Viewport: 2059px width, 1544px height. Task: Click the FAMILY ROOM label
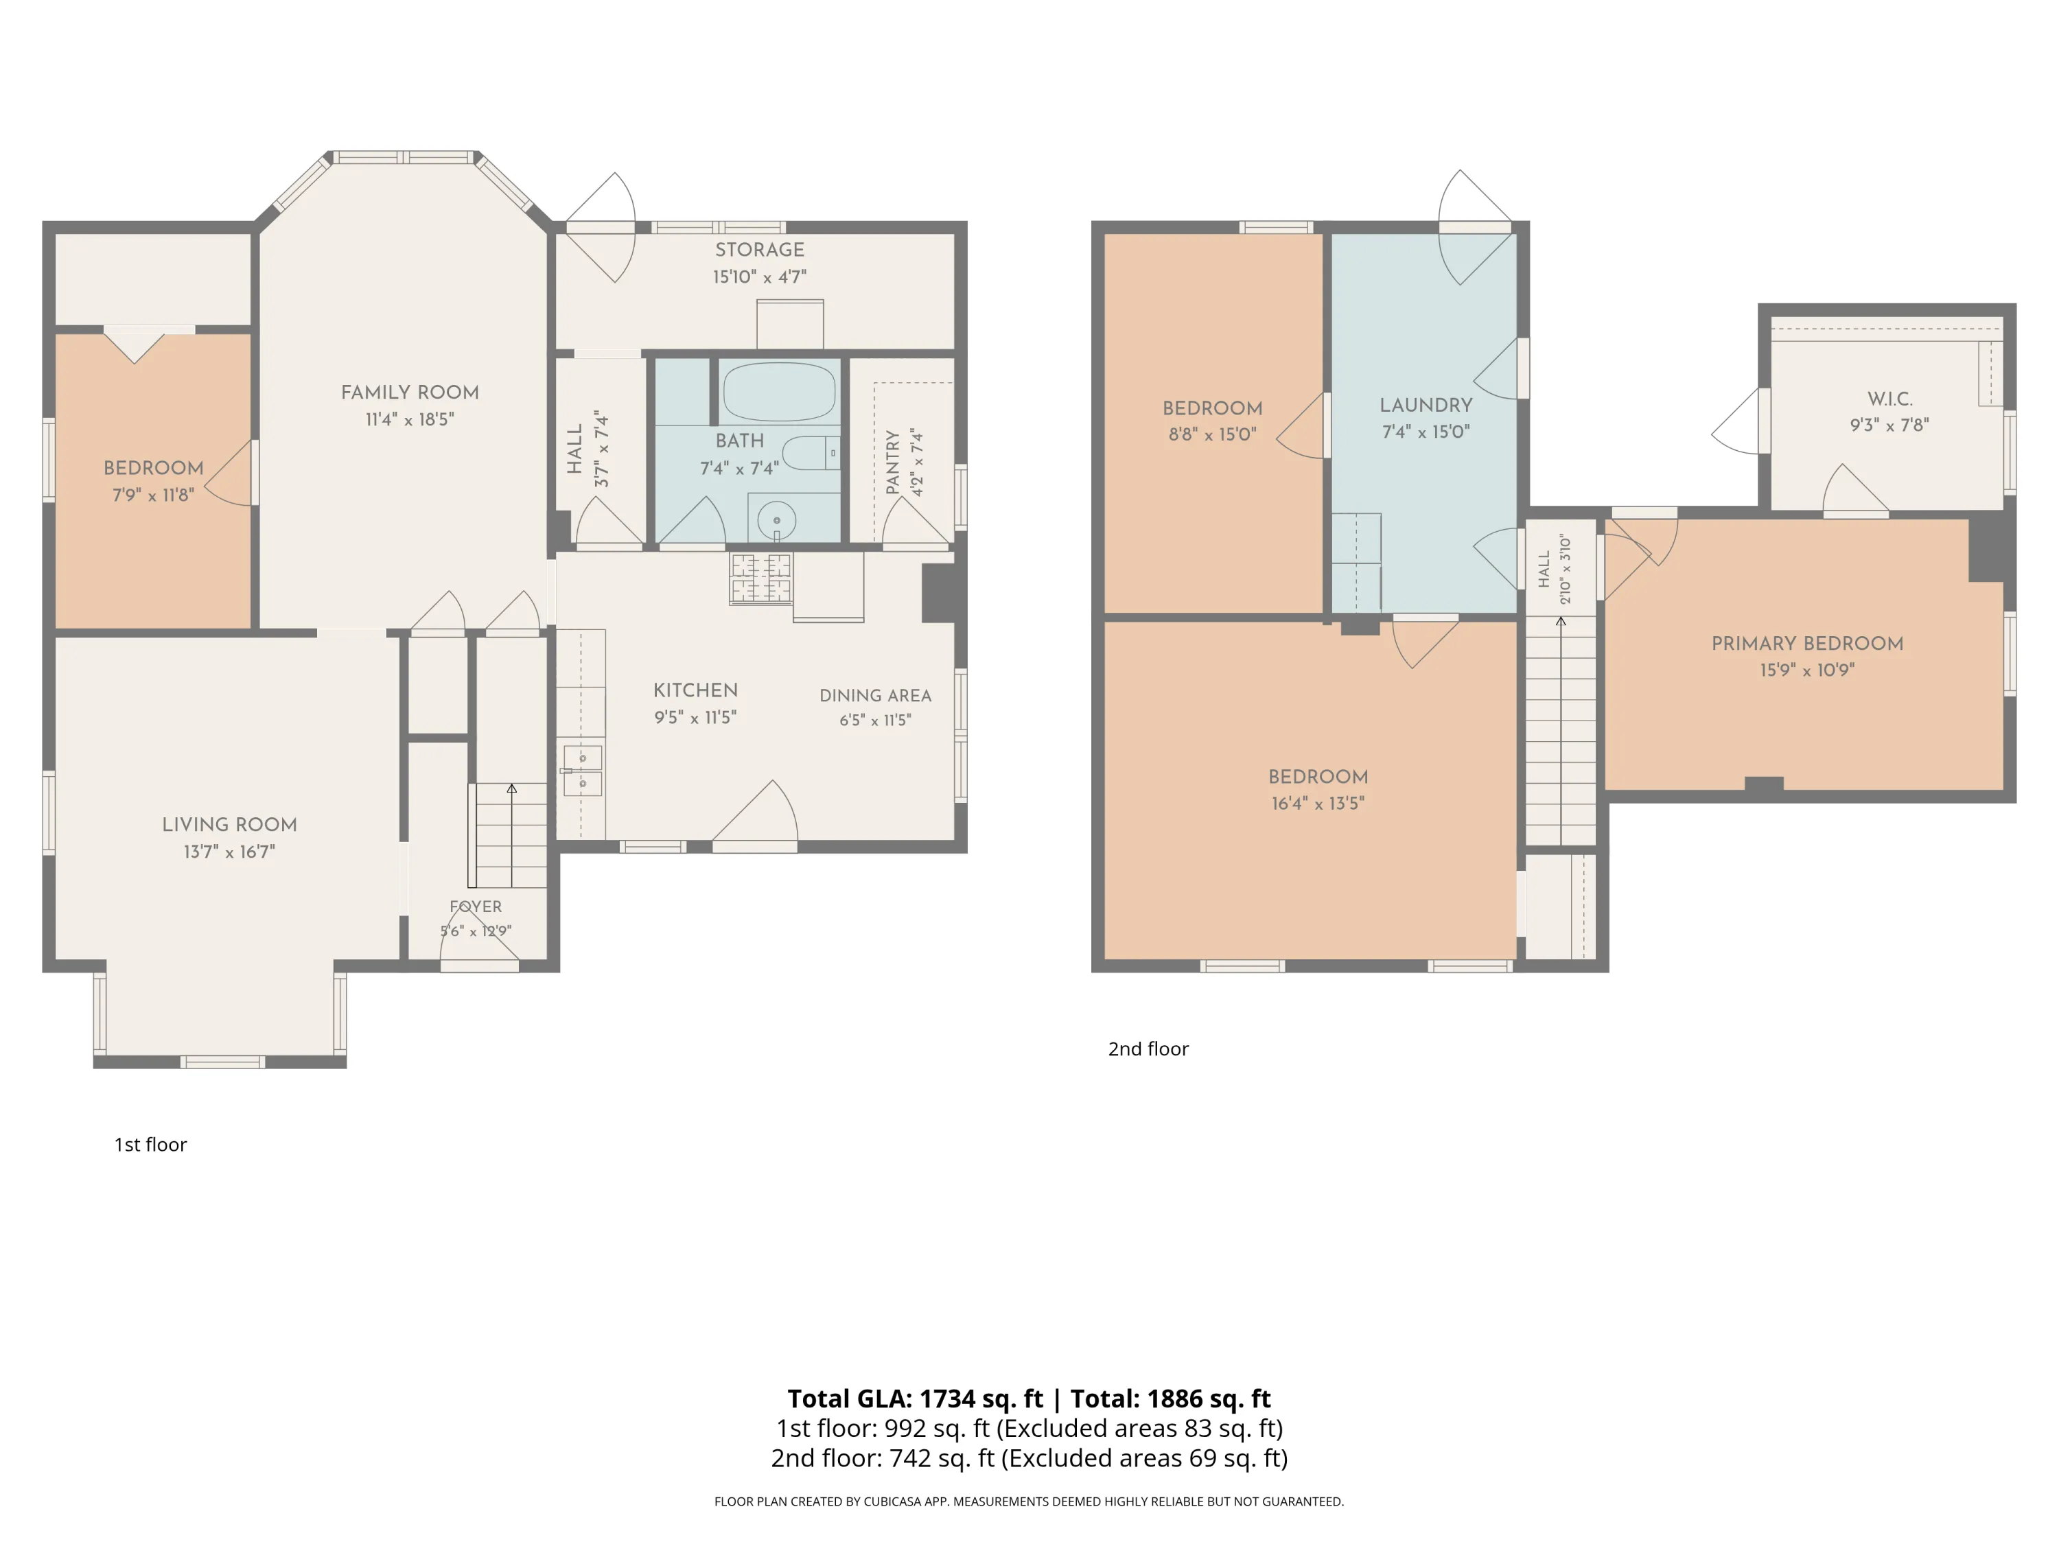point(410,393)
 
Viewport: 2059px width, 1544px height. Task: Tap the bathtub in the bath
point(779,392)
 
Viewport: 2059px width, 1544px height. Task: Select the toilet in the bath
point(810,453)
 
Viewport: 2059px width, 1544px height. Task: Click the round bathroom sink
point(776,519)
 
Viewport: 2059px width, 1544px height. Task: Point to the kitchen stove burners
point(760,578)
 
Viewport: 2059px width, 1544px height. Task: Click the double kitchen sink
point(583,771)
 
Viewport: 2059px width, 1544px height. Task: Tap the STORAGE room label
point(760,249)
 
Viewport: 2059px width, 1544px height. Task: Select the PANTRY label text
point(893,462)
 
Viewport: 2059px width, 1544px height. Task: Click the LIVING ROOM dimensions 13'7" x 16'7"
point(229,852)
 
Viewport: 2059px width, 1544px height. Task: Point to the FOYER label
point(476,906)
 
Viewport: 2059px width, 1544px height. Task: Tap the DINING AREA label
point(875,695)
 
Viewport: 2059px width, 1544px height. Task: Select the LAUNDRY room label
point(1426,405)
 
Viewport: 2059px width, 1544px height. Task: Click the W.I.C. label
point(1889,398)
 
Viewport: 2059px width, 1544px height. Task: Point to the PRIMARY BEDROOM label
point(1806,643)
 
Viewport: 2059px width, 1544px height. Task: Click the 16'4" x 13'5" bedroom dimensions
point(1318,803)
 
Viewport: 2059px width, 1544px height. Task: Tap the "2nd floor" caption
point(1148,1049)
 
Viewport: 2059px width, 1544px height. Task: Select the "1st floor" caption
point(150,1145)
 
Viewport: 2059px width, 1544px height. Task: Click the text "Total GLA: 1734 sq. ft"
point(915,1399)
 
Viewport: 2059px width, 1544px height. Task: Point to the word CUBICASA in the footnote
point(894,1501)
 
